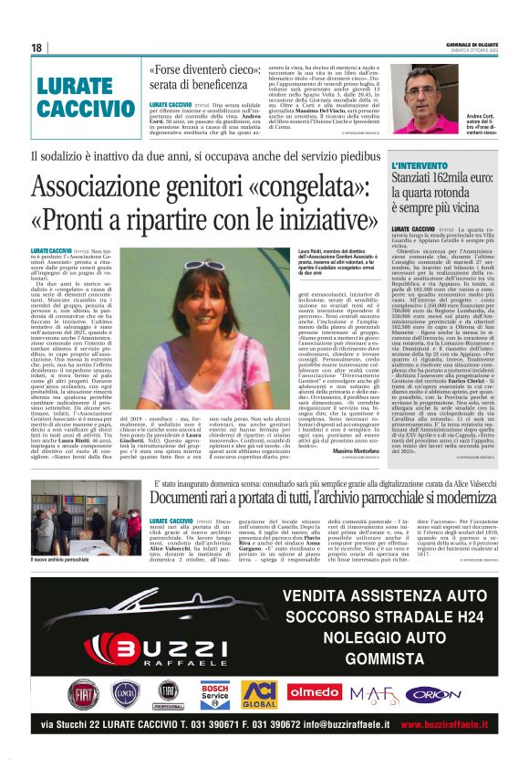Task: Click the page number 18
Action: [x=37, y=47]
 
